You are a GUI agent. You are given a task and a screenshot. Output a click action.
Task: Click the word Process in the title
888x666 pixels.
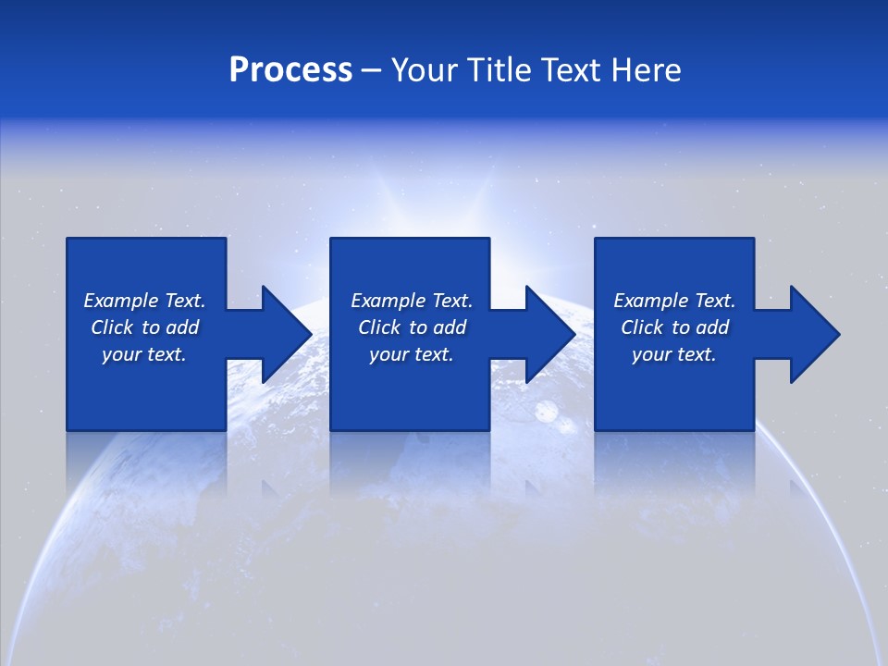[290, 69]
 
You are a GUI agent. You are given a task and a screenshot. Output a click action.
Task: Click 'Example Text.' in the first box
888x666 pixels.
[144, 301]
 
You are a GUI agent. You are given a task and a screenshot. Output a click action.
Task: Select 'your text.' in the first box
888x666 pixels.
[144, 354]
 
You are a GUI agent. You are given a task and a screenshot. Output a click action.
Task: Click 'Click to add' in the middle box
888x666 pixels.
[412, 327]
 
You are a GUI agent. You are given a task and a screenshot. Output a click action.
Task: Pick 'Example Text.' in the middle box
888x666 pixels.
[412, 301]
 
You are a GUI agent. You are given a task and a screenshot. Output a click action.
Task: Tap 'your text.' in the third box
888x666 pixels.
[674, 354]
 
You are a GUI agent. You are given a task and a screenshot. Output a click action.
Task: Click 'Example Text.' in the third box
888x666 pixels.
[674, 301]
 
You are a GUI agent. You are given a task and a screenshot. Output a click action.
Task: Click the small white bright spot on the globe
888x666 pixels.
[547, 413]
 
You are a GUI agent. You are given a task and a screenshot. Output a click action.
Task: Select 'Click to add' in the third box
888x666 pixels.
[674, 327]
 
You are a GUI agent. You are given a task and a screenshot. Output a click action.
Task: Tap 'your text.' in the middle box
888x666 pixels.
[412, 354]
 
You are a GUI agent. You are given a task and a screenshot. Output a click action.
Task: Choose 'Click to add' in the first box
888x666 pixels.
[144, 327]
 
